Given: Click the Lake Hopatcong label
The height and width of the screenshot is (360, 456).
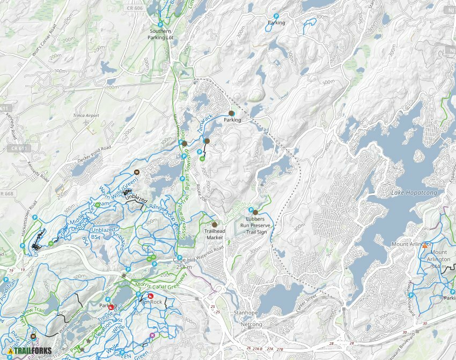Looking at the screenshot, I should click(415, 193).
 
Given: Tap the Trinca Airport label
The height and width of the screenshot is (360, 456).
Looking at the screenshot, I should click(86, 115).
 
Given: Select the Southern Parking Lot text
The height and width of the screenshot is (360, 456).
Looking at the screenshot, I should click(161, 34).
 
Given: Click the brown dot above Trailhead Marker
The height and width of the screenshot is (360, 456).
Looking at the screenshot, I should click(215, 224).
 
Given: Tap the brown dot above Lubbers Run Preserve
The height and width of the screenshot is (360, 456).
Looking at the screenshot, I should click(255, 212).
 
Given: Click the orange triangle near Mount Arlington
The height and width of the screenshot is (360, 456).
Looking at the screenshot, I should click(425, 245).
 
